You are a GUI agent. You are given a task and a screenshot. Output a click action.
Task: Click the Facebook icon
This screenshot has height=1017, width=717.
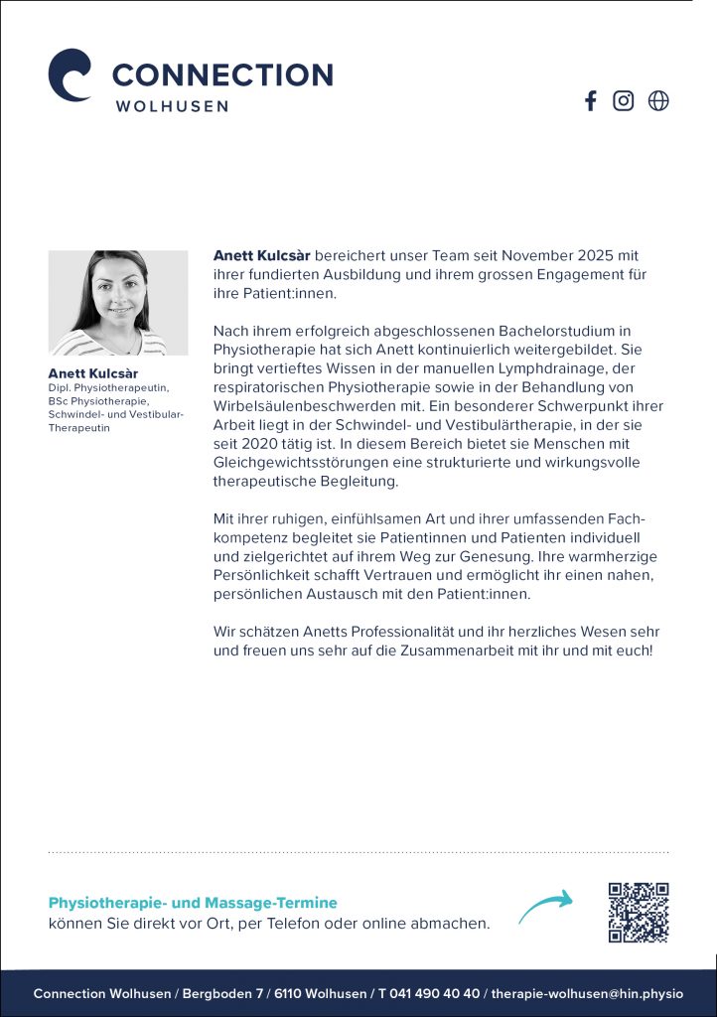coord(591,100)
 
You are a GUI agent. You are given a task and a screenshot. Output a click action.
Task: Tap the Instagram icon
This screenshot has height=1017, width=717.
coord(624,100)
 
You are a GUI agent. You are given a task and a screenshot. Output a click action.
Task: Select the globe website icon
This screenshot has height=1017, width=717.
coord(658,100)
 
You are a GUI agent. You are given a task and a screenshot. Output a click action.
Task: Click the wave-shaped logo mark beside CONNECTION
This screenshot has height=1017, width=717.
coord(71,74)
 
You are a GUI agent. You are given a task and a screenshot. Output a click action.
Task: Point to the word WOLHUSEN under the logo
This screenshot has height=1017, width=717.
coord(172,105)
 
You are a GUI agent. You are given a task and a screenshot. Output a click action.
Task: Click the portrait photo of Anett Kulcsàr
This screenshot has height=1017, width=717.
coord(118,303)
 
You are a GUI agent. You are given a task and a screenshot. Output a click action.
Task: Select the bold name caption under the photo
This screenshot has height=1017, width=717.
coord(93,373)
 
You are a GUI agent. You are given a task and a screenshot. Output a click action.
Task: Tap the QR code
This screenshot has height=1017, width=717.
coord(639,912)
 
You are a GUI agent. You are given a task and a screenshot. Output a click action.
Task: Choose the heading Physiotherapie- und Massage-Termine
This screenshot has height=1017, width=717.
coord(193,903)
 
